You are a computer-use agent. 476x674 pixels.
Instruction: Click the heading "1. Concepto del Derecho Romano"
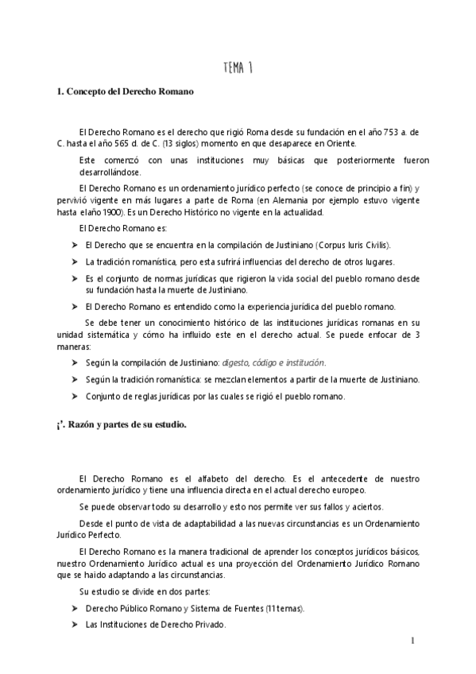click(125, 91)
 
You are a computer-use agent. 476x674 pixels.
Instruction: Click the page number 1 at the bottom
click(414, 641)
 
